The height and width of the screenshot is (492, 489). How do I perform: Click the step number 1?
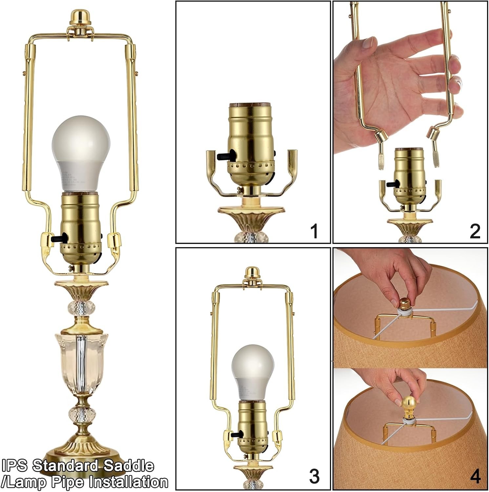314,231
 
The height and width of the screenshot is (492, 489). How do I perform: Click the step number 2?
475,231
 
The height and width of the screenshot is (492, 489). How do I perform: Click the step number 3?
314,476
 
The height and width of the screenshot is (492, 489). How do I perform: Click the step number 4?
475,476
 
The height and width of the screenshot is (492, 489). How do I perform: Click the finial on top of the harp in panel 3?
253,273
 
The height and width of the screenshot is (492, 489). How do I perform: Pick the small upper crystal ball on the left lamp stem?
81,308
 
